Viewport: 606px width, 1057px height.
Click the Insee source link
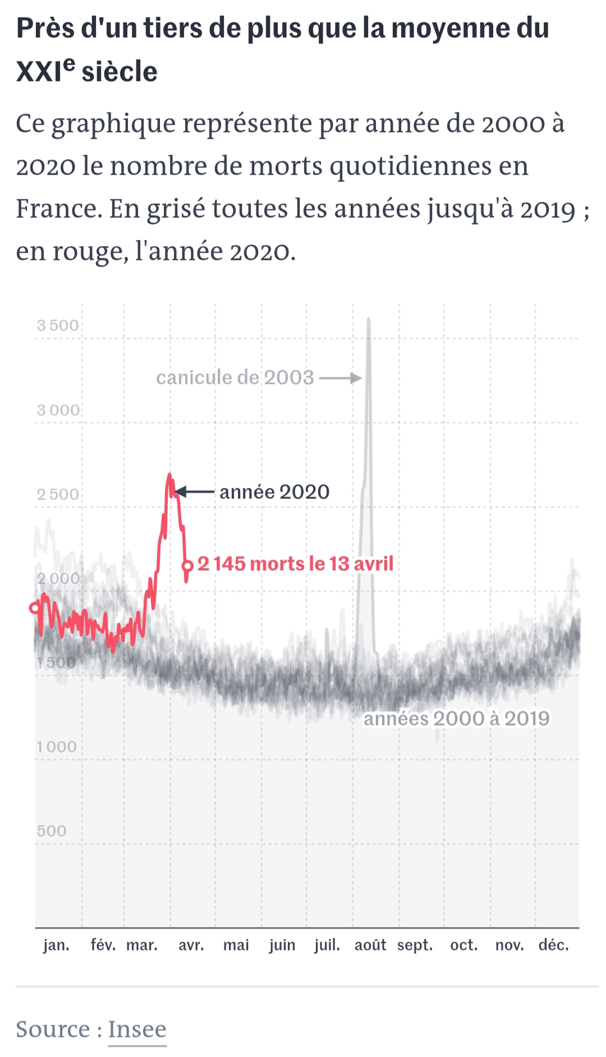click(137, 1029)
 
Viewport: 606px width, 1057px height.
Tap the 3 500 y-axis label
click(58, 325)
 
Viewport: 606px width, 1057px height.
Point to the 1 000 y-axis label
click(57, 747)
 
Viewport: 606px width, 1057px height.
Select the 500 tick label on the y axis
click(52, 831)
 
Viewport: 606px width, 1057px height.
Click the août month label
click(370, 945)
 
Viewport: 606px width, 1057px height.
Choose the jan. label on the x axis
click(56, 945)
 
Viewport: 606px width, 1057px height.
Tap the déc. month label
click(554, 945)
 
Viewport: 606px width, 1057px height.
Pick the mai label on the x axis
click(236, 945)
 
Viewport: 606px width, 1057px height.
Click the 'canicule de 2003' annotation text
click(235, 378)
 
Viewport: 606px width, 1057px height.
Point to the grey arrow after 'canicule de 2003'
click(341, 378)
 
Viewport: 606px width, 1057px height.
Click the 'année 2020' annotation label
click(274, 492)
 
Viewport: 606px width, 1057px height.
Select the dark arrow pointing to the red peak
click(195, 492)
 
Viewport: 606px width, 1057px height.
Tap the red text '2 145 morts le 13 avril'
click(295, 564)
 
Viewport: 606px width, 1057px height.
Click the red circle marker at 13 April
click(188, 566)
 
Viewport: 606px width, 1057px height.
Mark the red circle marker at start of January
click(35, 608)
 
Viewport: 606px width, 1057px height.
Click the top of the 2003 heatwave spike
click(369, 320)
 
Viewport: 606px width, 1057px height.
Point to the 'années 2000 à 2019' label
click(457, 719)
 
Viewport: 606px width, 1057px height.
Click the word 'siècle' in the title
click(120, 72)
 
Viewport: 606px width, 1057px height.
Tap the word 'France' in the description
click(57, 209)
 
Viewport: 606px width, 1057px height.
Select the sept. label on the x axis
click(415, 945)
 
